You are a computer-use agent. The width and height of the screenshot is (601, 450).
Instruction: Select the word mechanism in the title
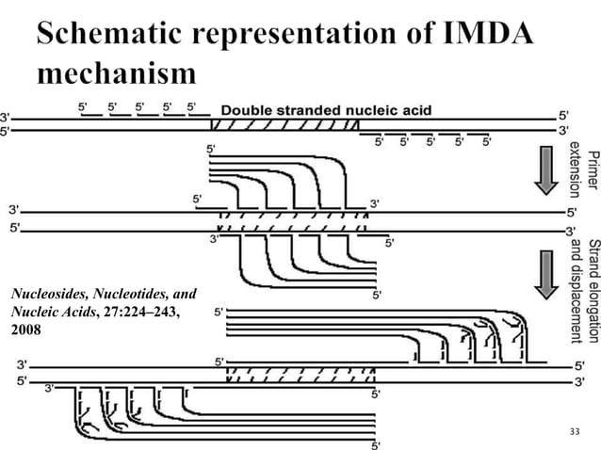click(x=118, y=73)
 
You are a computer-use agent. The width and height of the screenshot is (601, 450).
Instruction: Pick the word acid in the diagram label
click(x=415, y=110)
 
